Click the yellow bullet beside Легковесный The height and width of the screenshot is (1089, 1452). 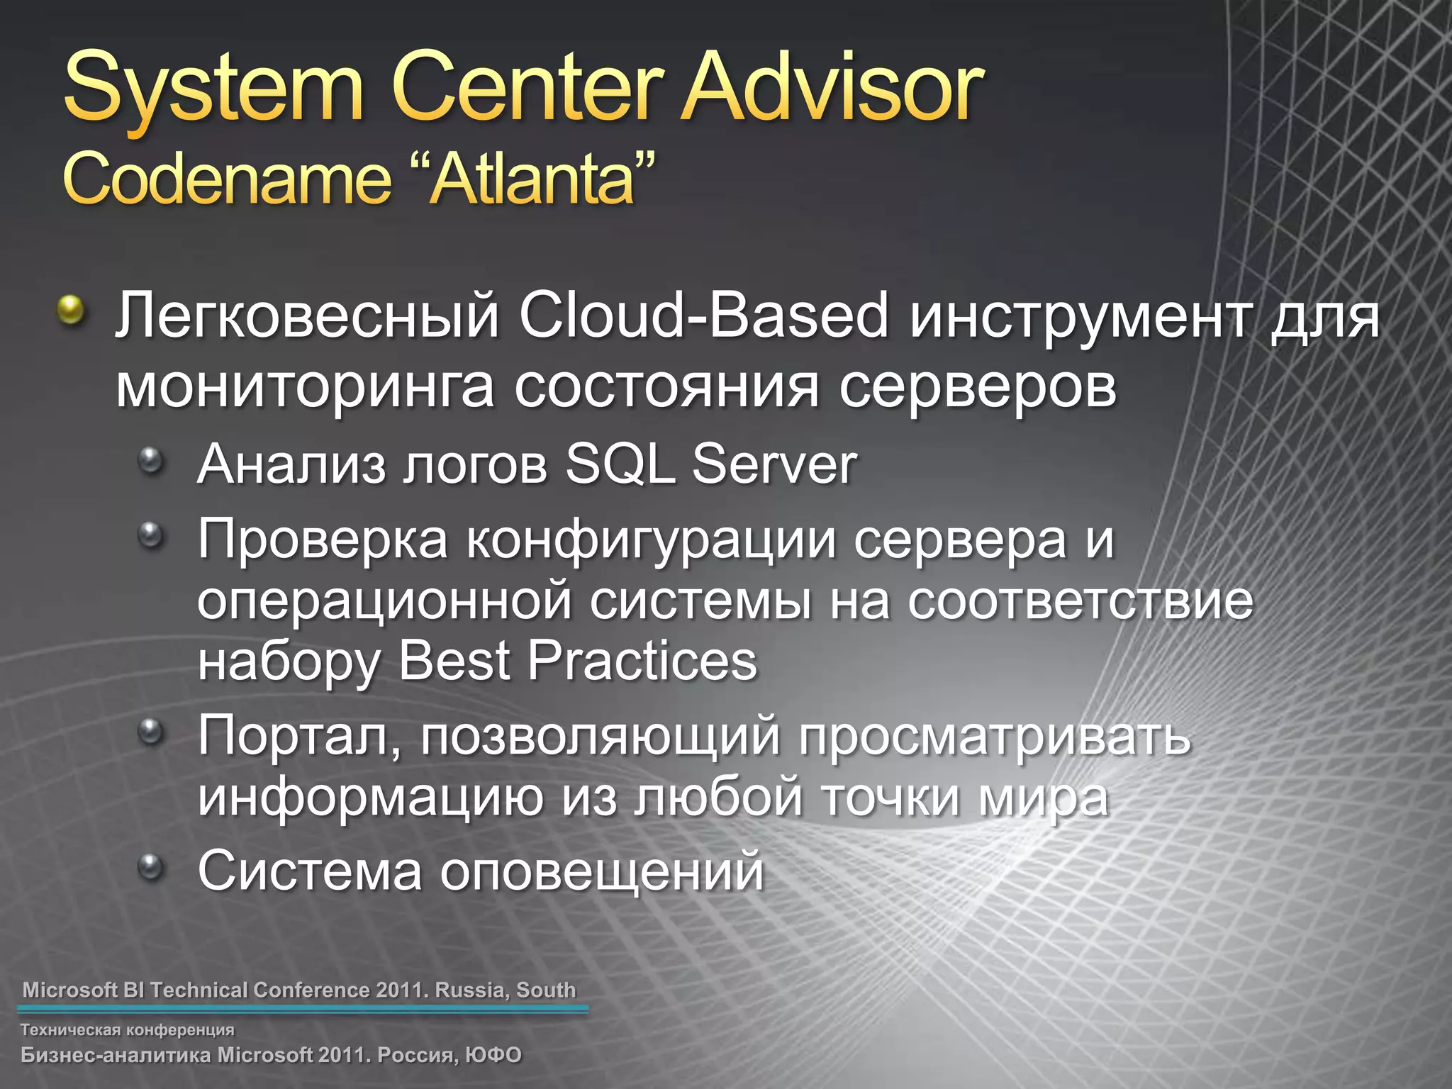point(71,310)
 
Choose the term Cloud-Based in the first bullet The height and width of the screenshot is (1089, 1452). point(703,316)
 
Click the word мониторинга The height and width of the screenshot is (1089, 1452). point(305,388)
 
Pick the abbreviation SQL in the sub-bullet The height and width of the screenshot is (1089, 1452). point(620,464)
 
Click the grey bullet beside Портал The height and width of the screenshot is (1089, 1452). point(151,730)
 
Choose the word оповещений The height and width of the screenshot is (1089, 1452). point(602,871)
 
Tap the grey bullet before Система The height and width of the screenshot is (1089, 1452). point(151,866)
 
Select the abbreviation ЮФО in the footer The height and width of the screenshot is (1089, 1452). point(493,1055)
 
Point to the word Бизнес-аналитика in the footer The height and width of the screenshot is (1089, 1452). point(116,1055)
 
